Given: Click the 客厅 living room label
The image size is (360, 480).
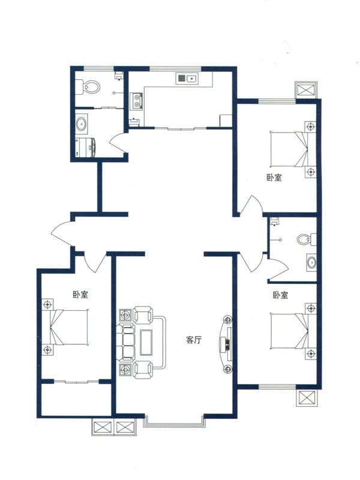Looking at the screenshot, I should coord(193,340).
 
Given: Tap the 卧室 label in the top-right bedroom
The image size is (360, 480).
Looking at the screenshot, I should coord(274,178).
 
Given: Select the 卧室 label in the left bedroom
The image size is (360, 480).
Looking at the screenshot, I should coord(80,295).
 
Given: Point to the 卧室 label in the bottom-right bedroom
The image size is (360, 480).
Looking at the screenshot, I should coord(280,295).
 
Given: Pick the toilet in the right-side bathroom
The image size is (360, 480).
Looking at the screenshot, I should coord(307,239).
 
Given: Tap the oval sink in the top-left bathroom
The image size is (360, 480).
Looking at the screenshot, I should coord(82,125).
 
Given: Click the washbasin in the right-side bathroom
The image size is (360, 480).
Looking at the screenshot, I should coord(311,262).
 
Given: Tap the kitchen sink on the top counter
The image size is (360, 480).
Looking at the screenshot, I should coord(187,78).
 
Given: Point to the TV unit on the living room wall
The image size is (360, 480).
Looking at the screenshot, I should coord(226,343).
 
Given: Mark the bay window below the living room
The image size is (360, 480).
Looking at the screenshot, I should coord(174,422).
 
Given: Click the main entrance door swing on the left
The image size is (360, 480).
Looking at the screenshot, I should coord(62,234).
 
